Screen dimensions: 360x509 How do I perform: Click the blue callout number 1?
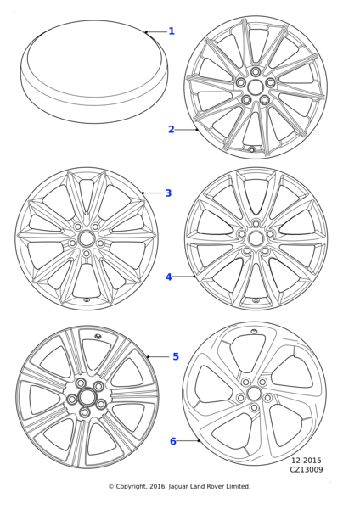[x=172, y=31]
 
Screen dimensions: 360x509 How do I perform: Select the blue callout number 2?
[x=172, y=129]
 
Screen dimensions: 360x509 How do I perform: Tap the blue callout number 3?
[x=168, y=193]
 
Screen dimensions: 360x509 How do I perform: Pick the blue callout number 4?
[x=168, y=277]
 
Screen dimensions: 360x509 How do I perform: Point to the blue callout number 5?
[x=176, y=356]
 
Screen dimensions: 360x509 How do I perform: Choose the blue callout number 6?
[x=173, y=441]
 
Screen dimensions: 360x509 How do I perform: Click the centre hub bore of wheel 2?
[x=255, y=87]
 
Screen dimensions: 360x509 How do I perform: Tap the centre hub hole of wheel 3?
[x=86, y=238]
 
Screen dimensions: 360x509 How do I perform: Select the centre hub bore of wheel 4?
[x=255, y=238]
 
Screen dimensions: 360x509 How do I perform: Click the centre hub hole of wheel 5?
[x=86, y=397]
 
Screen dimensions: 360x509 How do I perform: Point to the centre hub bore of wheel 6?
[x=254, y=394]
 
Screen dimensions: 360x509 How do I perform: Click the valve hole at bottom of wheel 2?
[x=251, y=149]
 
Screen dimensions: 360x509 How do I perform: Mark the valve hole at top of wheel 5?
[x=98, y=336]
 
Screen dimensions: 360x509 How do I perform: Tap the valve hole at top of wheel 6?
[x=254, y=331]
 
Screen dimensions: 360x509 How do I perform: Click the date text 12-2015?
[x=306, y=461]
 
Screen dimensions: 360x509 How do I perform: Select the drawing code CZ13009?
[x=307, y=469]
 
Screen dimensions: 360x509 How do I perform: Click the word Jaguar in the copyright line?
[x=179, y=487]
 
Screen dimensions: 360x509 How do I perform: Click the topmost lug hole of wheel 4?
[x=256, y=223]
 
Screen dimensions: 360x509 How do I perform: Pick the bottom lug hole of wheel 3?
[x=86, y=253]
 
